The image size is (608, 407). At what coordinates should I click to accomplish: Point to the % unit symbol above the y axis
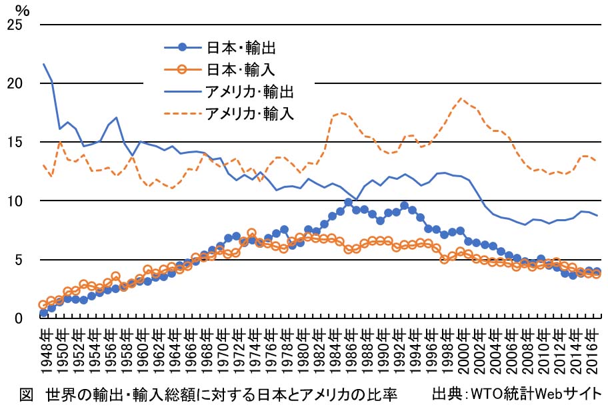(x=23, y=9)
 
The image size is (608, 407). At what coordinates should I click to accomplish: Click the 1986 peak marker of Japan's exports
(x=348, y=202)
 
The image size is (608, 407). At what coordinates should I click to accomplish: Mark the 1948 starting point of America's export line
(x=44, y=65)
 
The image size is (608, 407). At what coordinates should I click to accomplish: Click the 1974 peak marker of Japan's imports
(x=251, y=233)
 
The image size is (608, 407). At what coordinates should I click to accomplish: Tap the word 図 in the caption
(x=27, y=393)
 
